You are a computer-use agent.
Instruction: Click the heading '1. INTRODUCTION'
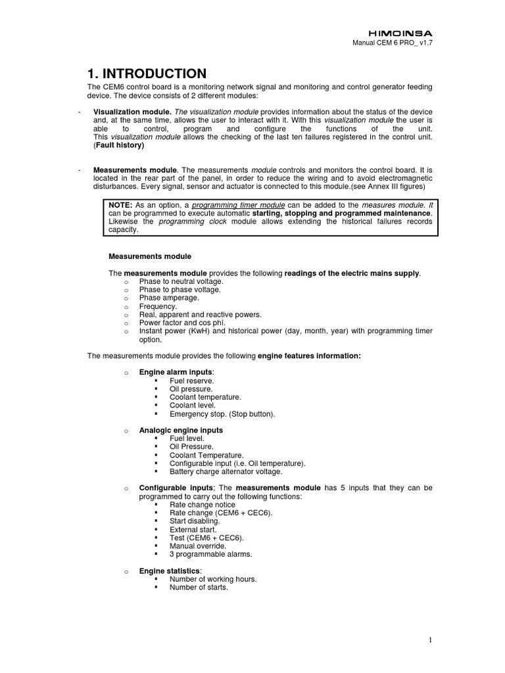point(147,74)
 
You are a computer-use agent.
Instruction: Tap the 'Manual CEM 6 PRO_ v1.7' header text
point(394,43)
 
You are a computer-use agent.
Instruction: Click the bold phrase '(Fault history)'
point(120,145)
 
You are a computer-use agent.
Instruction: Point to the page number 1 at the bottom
point(429,639)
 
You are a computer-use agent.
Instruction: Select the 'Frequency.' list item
point(158,306)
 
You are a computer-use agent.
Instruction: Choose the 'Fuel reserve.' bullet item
point(191,381)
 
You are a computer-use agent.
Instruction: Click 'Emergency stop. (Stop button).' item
point(222,414)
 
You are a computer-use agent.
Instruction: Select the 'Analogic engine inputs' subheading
point(181,430)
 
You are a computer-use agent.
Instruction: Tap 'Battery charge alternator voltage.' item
point(226,472)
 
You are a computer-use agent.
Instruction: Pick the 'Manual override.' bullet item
point(197,545)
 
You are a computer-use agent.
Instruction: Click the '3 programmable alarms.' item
point(210,554)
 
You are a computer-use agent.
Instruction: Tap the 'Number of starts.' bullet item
point(199,588)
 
